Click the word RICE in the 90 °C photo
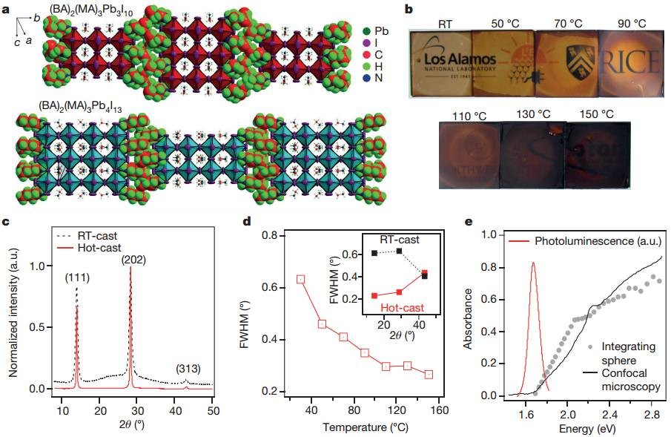coord(628,61)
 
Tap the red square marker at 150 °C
coord(429,375)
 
